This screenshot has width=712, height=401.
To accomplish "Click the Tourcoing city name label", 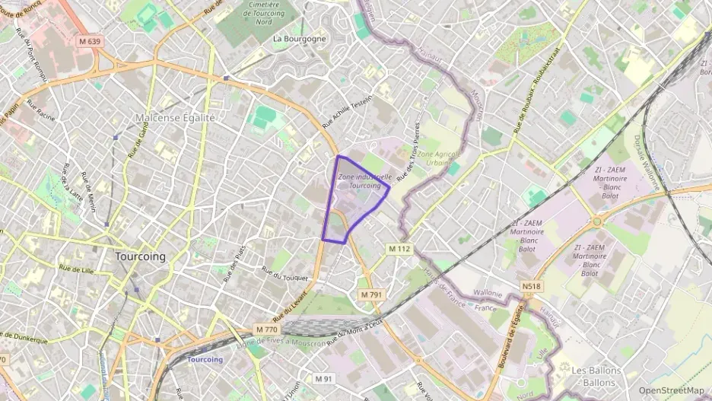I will click(x=140, y=256).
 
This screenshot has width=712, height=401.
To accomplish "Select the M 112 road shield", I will click(x=399, y=249).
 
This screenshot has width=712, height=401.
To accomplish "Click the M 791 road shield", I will click(x=370, y=294).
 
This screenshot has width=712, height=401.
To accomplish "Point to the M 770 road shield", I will click(x=267, y=329).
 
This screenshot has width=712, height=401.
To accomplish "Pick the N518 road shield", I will click(x=532, y=286).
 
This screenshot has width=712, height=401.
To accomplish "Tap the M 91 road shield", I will click(x=324, y=377).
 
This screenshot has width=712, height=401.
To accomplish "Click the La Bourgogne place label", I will click(x=299, y=38).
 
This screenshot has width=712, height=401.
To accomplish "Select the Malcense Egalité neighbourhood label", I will click(x=175, y=118).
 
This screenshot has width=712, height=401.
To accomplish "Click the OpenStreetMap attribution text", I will click(x=671, y=390).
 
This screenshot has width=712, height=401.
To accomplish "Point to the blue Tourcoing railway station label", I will click(x=205, y=359).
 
